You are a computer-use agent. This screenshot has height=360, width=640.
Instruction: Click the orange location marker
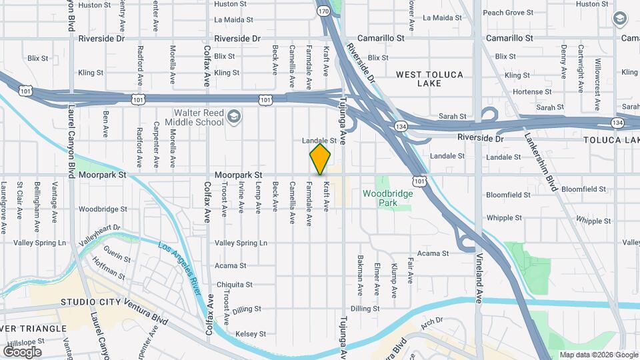pyautogui.click(x=321, y=159)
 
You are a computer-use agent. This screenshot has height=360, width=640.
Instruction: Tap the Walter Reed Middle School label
pyautogui.click(x=199, y=117)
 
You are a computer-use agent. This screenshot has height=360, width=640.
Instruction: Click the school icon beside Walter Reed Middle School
pyautogui.click(x=233, y=118)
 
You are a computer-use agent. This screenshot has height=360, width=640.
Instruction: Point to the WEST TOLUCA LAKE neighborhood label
pyautogui.click(x=429, y=79)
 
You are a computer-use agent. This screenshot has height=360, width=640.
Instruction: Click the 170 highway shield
pyautogui.click(x=323, y=11)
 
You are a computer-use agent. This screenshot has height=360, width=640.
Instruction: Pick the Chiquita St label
pyautogui.click(x=231, y=283)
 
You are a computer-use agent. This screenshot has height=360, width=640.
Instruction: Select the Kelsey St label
pyautogui.click(x=251, y=333)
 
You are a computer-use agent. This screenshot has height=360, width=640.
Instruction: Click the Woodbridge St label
pyautogui.click(x=103, y=209)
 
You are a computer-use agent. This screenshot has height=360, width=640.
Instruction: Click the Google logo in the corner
pyautogui.click(x=22, y=351)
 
